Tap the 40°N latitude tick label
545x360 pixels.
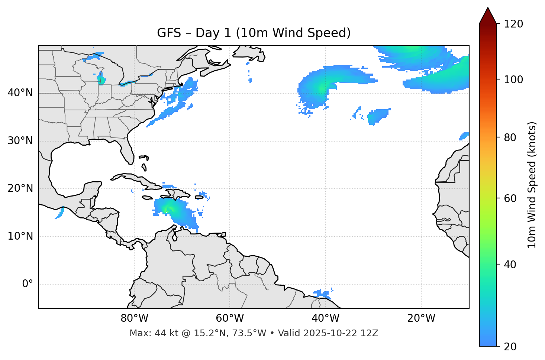click(20, 93)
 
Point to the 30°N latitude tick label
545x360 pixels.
click(20, 141)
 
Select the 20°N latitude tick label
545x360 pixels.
click(20, 188)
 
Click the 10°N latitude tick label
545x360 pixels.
click(20, 236)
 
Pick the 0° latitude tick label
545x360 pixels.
click(28, 284)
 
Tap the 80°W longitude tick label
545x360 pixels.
click(134, 318)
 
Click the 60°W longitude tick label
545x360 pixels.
click(230, 318)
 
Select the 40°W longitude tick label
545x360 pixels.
click(325, 318)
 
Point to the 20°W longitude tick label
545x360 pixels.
click(421, 318)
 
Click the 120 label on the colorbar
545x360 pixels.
click(513, 24)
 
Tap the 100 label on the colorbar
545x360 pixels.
click(513, 80)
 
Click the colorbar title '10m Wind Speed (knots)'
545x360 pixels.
click(532, 185)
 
